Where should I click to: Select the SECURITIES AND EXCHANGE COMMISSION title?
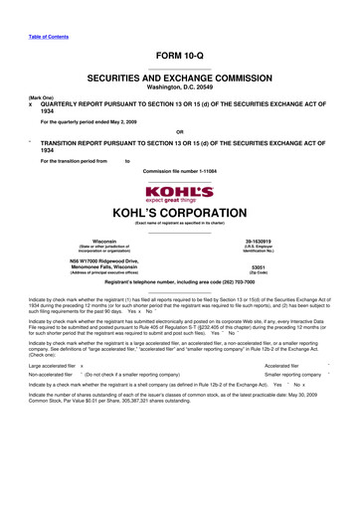click(x=179, y=76)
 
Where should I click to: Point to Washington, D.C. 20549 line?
click(x=179, y=85)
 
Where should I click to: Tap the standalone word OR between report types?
click(x=179, y=131)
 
